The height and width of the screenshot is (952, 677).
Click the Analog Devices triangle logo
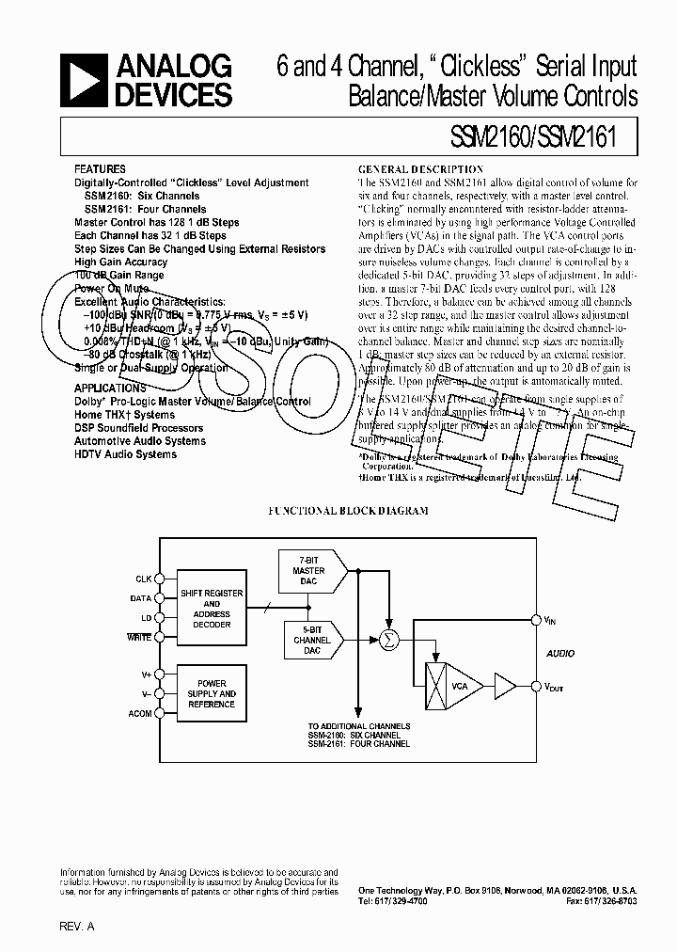point(86,80)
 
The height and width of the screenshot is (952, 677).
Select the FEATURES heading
point(100,170)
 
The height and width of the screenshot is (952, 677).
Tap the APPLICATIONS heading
point(110,388)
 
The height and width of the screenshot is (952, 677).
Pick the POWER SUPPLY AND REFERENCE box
point(212,694)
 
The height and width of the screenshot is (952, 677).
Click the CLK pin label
point(143,579)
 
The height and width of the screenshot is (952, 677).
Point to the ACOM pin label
point(139,714)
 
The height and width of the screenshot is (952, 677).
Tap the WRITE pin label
point(139,638)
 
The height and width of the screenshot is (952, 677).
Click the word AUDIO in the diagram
point(560,653)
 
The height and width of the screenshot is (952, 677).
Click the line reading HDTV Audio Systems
point(125,454)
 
